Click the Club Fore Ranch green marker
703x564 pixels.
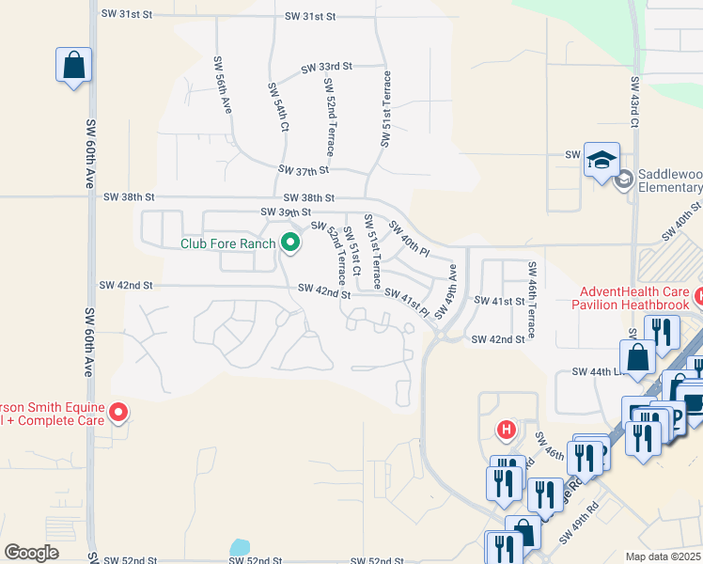pos(290,243)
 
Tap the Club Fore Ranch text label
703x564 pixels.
pos(228,243)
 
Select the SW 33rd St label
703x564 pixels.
pos(326,68)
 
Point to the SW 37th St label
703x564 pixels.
pos(304,170)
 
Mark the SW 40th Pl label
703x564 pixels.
pos(409,241)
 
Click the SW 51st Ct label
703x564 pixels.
pos(354,247)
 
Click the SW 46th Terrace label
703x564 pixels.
pos(531,300)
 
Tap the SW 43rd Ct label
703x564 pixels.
pos(635,102)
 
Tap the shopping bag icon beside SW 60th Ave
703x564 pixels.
pos(73,66)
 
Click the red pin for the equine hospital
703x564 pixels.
pos(118,412)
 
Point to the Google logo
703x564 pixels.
pos(31,553)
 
